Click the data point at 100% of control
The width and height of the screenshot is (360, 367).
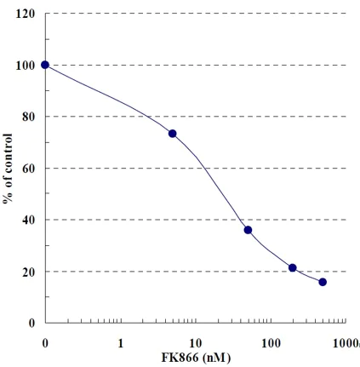tap(45, 65)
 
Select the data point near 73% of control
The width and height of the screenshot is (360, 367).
tap(173, 134)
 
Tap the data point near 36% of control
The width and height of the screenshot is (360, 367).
tap(248, 230)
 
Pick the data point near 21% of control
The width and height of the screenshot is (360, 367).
tap(293, 267)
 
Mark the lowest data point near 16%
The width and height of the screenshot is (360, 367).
tap(323, 282)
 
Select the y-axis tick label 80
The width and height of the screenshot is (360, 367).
tap(28, 117)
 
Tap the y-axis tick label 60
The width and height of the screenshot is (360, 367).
tap(28, 169)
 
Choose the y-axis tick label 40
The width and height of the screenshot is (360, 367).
tap(28, 220)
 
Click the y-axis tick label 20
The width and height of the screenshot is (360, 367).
tap(28, 272)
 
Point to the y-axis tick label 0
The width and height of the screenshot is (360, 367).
tap(31, 324)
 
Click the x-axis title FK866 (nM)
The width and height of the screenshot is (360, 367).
tap(196, 358)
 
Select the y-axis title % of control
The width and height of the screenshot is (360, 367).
tap(8, 168)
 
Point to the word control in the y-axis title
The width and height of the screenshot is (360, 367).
tap(8, 156)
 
